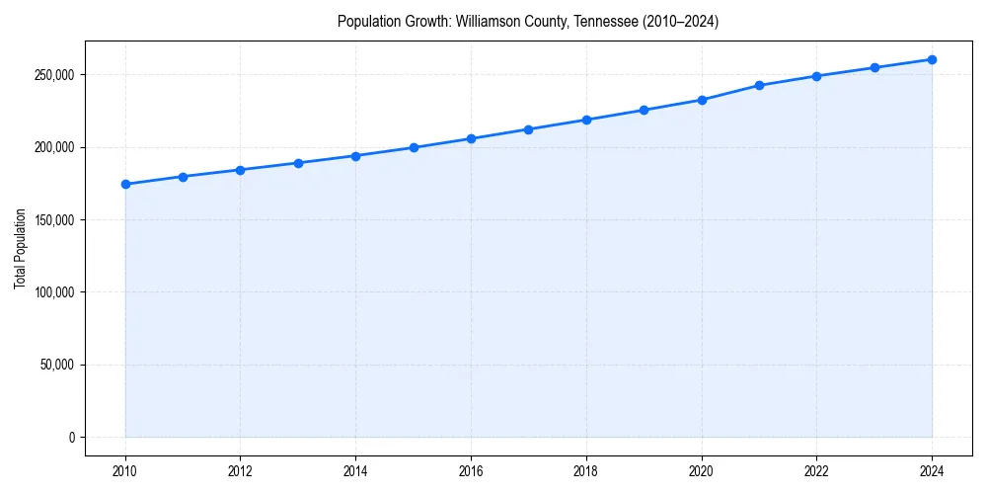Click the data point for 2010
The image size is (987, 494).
pyautogui.click(x=125, y=184)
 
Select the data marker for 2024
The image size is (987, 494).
pyautogui.click(x=932, y=59)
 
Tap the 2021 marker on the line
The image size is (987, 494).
pyautogui.click(x=759, y=85)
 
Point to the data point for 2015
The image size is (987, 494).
pyautogui.click(x=414, y=147)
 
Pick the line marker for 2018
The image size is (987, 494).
pyautogui.click(x=586, y=120)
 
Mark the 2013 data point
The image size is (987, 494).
pyautogui.click(x=298, y=163)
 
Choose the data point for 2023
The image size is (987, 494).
pyautogui.click(x=874, y=67)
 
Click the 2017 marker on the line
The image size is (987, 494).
pyautogui.click(x=529, y=129)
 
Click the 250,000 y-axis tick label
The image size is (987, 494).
pyautogui.click(x=53, y=75)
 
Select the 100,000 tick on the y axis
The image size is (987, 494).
pyautogui.click(x=53, y=292)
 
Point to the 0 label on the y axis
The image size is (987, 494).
pyautogui.click(x=72, y=438)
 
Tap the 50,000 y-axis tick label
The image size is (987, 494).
pyautogui.click(x=56, y=365)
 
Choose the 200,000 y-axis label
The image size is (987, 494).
pyautogui.click(x=53, y=147)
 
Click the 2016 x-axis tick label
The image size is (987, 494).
pyautogui.click(x=471, y=471)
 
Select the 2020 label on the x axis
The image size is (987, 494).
pyautogui.click(x=702, y=471)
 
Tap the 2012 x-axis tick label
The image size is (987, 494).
pyautogui.click(x=241, y=471)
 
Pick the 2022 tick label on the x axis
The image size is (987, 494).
pyautogui.click(x=816, y=471)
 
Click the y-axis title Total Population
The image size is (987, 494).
pyautogui.click(x=20, y=248)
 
